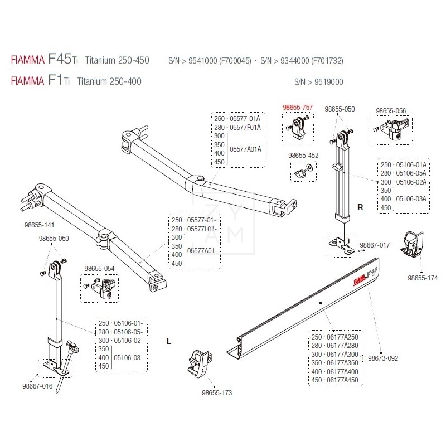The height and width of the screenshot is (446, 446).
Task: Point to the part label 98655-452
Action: tap(303, 156)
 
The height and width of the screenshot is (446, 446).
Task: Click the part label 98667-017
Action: tap(375, 245)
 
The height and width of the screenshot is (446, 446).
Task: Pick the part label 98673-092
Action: tap(383, 358)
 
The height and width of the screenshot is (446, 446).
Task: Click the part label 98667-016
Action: tap(37, 385)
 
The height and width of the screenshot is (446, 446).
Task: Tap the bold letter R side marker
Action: tap(360, 207)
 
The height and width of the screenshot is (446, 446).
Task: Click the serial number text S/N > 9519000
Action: tap(318, 81)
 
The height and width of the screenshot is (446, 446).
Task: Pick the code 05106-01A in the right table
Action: tap(411, 164)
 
